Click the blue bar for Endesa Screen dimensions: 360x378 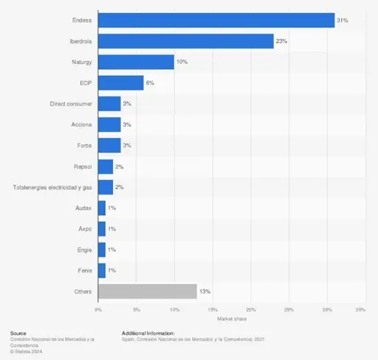216,21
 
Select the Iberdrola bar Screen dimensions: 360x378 186,42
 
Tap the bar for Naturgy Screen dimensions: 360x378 136,62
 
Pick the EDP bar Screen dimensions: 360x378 121,83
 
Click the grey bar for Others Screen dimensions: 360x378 148,291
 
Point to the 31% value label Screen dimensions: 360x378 342,21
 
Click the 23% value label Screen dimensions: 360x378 281,42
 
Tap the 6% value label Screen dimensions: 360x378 150,83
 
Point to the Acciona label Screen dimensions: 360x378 81,125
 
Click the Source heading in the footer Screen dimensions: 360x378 18,333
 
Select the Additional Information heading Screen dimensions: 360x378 148,333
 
